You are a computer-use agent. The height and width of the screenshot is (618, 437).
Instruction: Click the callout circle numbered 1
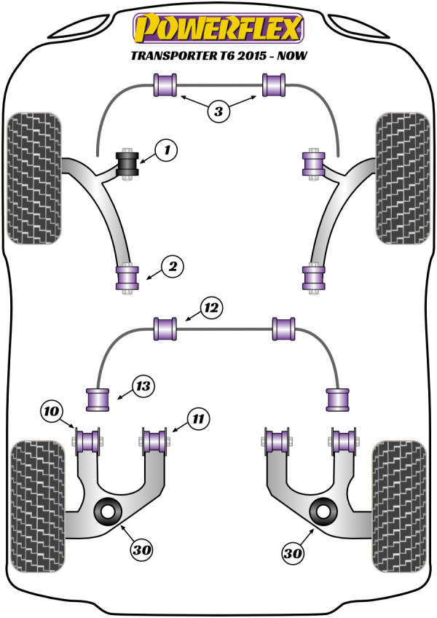pos(167,152)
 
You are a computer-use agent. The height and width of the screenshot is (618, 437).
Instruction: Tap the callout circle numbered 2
pos(173,268)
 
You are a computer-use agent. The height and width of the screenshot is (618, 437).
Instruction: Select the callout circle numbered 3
pos(218,112)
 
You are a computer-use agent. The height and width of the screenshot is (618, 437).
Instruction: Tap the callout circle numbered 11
pos(197,418)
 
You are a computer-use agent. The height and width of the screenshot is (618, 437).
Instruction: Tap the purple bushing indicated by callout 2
pos(128,278)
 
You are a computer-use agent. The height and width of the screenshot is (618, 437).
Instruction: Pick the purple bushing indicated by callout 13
pos(98,399)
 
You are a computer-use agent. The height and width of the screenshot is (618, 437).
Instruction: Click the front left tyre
pos(33,177)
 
